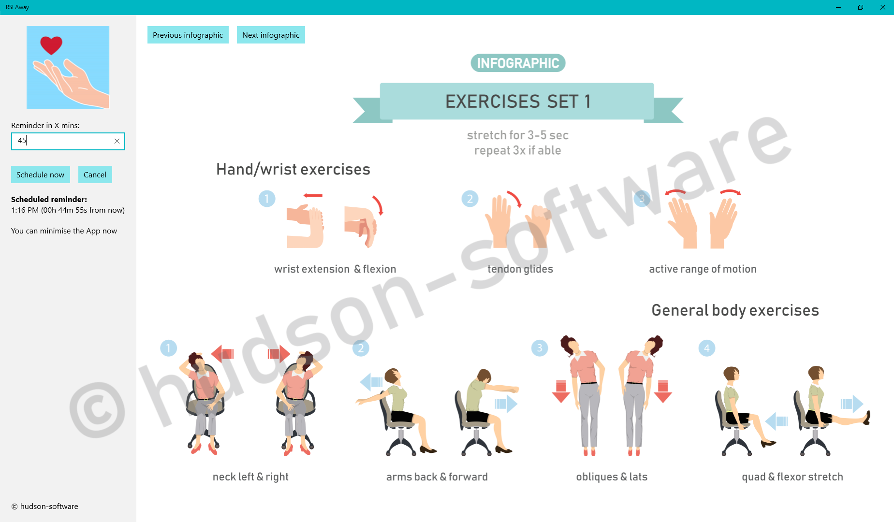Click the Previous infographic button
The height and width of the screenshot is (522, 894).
(x=188, y=35)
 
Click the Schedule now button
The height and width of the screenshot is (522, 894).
(x=41, y=174)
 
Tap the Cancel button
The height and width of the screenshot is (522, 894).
(x=95, y=174)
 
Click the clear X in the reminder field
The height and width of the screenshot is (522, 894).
(x=117, y=141)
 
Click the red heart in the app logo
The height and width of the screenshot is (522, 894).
(x=51, y=45)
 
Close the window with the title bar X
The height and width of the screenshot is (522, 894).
(x=883, y=7)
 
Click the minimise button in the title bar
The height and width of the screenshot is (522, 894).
(x=838, y=7)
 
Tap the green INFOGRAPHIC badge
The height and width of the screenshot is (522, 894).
(x=518, y=63)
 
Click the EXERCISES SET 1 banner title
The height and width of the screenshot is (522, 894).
(x=518, y=101)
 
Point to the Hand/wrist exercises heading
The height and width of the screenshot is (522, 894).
(x=293, y=169)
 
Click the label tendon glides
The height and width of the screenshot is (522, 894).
(x=520, y=269)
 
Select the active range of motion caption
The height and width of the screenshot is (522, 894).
(x=703, y=269)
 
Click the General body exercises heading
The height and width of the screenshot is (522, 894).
(x=735, y=310)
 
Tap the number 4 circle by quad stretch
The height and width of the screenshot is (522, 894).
(x=707, y=348)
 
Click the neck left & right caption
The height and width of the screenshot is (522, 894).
(x=250, y=477)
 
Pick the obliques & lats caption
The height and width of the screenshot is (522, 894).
(x=612, y=477)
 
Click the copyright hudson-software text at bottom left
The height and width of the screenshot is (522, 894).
(x=45, y=507)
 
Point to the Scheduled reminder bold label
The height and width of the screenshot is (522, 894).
(x=49, y=199)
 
